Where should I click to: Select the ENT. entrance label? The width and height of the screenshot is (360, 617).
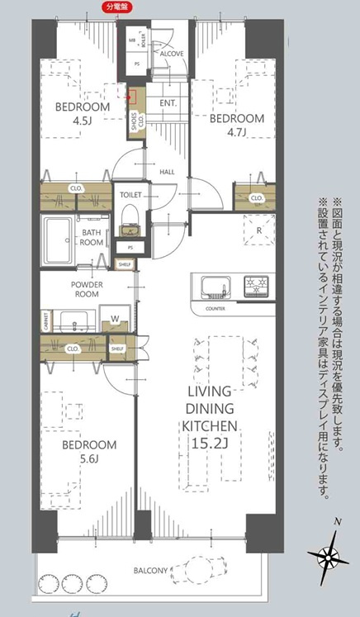[x=168, y=103]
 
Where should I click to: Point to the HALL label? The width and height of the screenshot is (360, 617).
[x=167, y=172]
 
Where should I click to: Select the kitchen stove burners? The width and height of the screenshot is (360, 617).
[x=258, y=287]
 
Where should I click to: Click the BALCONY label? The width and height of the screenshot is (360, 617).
[x=152, y=570]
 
